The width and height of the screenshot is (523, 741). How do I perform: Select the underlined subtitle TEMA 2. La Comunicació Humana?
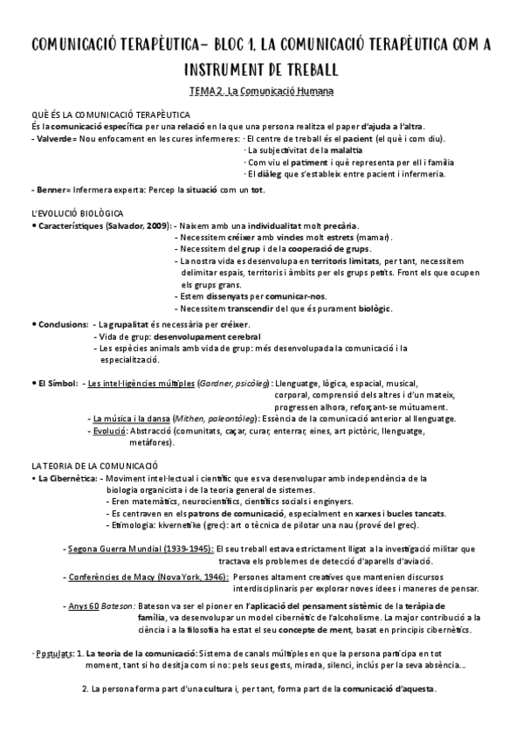coord(261,91)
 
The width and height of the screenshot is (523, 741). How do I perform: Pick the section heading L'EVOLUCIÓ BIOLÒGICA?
coord(78,213)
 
